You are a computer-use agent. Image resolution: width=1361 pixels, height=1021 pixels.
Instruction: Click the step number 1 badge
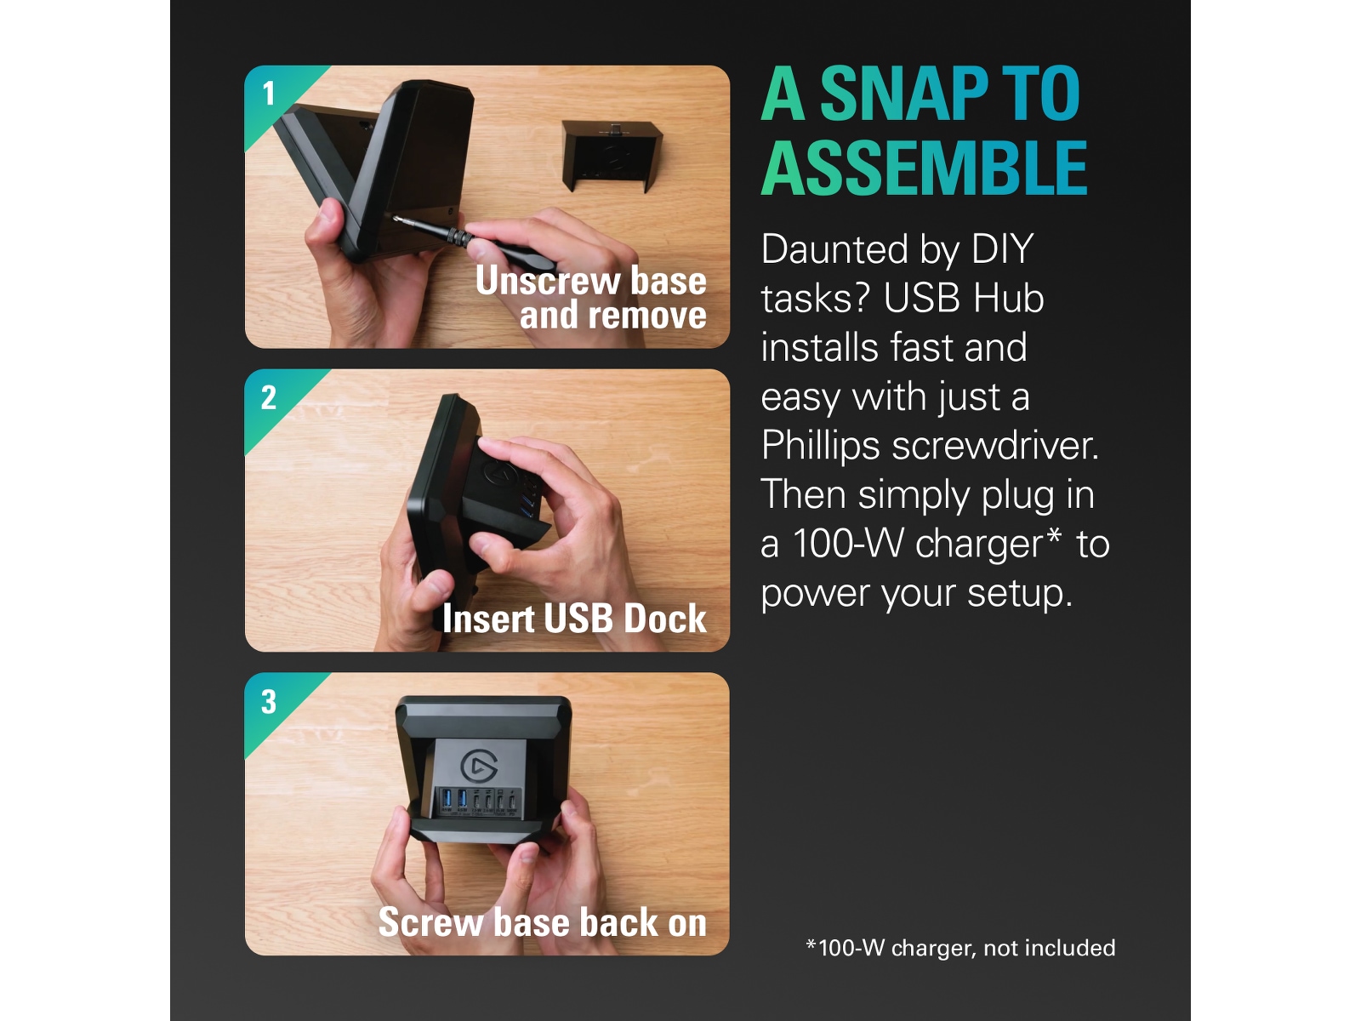pos(269,94)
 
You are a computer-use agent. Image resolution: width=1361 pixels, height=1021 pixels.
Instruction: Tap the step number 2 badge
pos(269,397)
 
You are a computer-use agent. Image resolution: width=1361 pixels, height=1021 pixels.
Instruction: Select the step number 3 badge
pos(269,702)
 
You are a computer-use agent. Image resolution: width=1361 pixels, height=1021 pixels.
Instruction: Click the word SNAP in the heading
pos(904,94)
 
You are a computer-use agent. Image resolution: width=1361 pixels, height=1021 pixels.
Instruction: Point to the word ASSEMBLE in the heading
pos(924,168)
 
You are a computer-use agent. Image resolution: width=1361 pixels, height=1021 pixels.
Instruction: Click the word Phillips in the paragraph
pos(820,448)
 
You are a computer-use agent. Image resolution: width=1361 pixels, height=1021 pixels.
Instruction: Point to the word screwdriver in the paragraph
pos(995,446)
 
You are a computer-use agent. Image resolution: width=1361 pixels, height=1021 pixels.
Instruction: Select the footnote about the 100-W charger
pos(960,948)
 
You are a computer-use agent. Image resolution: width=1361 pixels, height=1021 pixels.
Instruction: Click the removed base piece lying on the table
pos(612,156)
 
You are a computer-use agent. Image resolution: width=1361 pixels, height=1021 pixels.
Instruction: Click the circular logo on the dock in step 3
pos(479,767)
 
